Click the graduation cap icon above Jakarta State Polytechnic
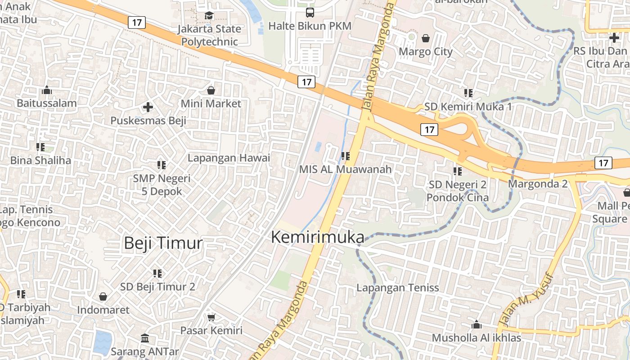(209, 16)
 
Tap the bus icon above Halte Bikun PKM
(310, 13)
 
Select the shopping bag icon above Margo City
(425, 38)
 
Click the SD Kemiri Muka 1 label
(468, 107)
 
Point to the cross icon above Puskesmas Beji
(148, 107)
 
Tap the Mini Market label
(211, 103)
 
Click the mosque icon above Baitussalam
(47, 90)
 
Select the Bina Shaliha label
(40, 160)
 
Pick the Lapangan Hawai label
(229, 158)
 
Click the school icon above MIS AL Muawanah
(346, 156)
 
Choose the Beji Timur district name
(163, 243)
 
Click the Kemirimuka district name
(318, 237)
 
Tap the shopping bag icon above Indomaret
(103, 297)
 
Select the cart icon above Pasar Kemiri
(211, 317)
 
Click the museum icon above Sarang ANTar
(145, 338)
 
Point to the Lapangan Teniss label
(397, 288)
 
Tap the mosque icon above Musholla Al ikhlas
(476, 324)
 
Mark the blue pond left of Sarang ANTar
(102, 342)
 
